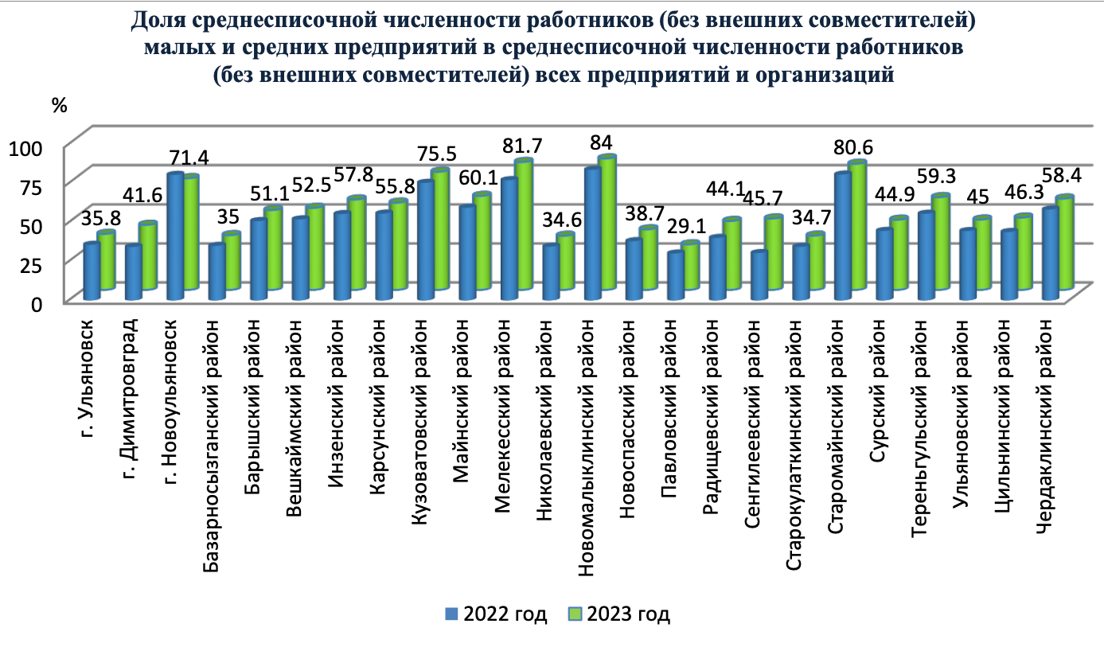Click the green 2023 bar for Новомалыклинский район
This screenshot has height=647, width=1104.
(x=608, y=223)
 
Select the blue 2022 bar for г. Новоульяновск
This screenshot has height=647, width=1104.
(x=175, y=236)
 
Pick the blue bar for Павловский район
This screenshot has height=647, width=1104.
(x=675, y=275)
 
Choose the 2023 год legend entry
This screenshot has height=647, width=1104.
(x=619, y=614)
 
